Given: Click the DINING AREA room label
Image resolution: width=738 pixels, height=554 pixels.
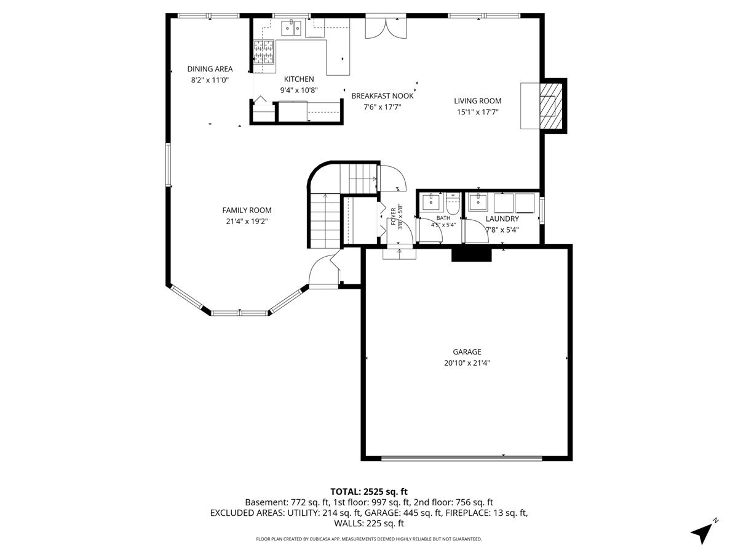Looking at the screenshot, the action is tap(210, 69).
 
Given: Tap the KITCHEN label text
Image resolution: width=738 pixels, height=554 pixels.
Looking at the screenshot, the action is tap(299, 79).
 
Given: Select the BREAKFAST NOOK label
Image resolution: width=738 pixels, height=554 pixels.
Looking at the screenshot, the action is tap(383, 96).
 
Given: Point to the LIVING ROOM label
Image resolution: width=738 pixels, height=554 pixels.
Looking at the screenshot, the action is tap(477, 101).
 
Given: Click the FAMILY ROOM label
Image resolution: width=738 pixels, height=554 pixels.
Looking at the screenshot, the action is tap(247, 211).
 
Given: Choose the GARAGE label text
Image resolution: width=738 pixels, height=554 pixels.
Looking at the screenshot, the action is tap(467, 352).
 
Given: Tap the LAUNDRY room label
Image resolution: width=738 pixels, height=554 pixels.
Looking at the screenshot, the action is tap(502, 219).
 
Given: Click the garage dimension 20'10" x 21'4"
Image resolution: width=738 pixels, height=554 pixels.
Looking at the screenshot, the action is tap(467, 363).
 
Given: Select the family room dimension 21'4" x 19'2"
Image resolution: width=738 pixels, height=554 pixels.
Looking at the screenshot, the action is tap(247, 222).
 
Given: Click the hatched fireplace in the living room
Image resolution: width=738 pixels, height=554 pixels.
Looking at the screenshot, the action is tap(551, 106).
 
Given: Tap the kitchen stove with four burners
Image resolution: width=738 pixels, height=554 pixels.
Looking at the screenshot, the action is tap(264, 52).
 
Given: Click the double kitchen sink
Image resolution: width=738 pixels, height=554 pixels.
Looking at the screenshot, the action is tap(291, 28).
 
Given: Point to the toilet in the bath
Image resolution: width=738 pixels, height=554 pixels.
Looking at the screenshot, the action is tap(453, 204).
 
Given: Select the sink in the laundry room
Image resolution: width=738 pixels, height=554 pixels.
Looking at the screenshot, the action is tap(478, 202).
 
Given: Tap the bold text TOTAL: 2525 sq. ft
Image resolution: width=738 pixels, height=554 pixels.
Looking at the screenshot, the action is tap(369, 492).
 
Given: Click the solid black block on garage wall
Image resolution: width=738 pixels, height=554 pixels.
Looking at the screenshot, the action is tap(471, 255).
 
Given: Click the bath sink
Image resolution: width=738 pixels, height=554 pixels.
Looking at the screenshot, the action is tap(430, 201).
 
